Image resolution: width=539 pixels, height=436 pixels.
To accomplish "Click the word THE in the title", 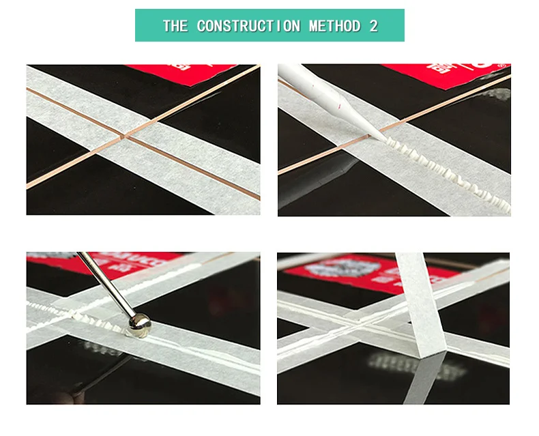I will (x=175, y=26).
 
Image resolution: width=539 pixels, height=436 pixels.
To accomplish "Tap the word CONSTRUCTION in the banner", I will (x=248, y=26).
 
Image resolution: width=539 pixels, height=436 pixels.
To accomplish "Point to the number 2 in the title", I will (x=373, y=26).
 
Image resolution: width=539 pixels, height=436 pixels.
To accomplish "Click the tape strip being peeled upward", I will (x=416, y=300).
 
